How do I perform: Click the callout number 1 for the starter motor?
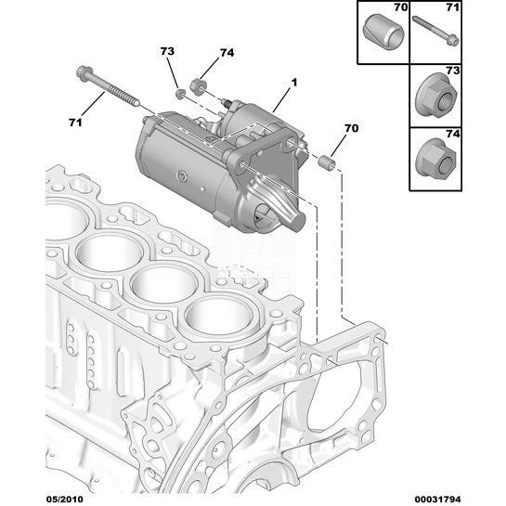tap(294, 83)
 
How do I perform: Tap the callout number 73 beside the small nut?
tap(167, 51)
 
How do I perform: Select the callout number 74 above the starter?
tap(227, 53)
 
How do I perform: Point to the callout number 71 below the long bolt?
tap(75, 123)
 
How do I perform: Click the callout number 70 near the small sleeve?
tap(352, 128)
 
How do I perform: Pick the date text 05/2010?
tap(65, 500)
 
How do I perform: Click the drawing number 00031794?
tap(437, 500)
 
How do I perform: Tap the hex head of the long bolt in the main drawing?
tap(84, 73)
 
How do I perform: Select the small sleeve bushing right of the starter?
tap(327, 162)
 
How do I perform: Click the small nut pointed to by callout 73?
tap(180, 94)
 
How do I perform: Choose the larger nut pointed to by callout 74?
tap(198, 86)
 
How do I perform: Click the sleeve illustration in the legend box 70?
tap(383, 32)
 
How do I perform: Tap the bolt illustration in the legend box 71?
tap(435, 31)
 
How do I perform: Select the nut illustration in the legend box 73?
tap(436, 96)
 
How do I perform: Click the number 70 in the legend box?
tap(401, 7)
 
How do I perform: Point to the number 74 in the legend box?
tap(453, 134)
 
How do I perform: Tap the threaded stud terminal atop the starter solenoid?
tap(227, 103)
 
